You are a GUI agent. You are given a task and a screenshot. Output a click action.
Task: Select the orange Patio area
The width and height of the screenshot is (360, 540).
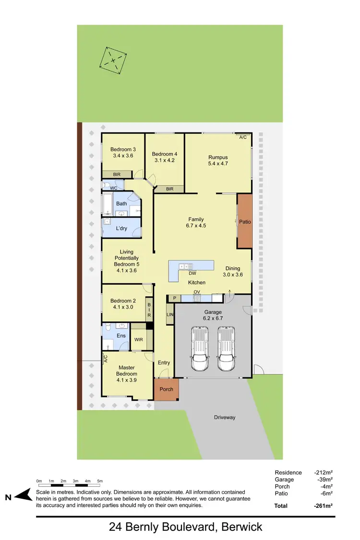pos(245,221)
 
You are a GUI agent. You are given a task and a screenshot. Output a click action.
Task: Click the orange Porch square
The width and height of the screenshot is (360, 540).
pos(166,389)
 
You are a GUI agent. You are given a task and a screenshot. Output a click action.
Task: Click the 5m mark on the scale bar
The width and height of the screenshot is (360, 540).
pos(100,480)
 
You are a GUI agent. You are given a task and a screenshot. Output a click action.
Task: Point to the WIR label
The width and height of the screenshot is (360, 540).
pos(139,339)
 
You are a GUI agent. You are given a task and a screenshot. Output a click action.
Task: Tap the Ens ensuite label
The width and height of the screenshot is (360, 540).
pos(121,336)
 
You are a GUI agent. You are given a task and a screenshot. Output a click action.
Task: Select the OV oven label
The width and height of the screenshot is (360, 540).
pos(196,291)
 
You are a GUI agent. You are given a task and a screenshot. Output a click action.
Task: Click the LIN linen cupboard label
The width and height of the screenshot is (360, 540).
pos(169,314)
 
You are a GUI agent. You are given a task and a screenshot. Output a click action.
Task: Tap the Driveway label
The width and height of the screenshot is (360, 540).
pos(225,417)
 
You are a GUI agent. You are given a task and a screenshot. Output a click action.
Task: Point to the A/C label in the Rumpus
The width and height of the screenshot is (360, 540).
pos(243,137)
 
